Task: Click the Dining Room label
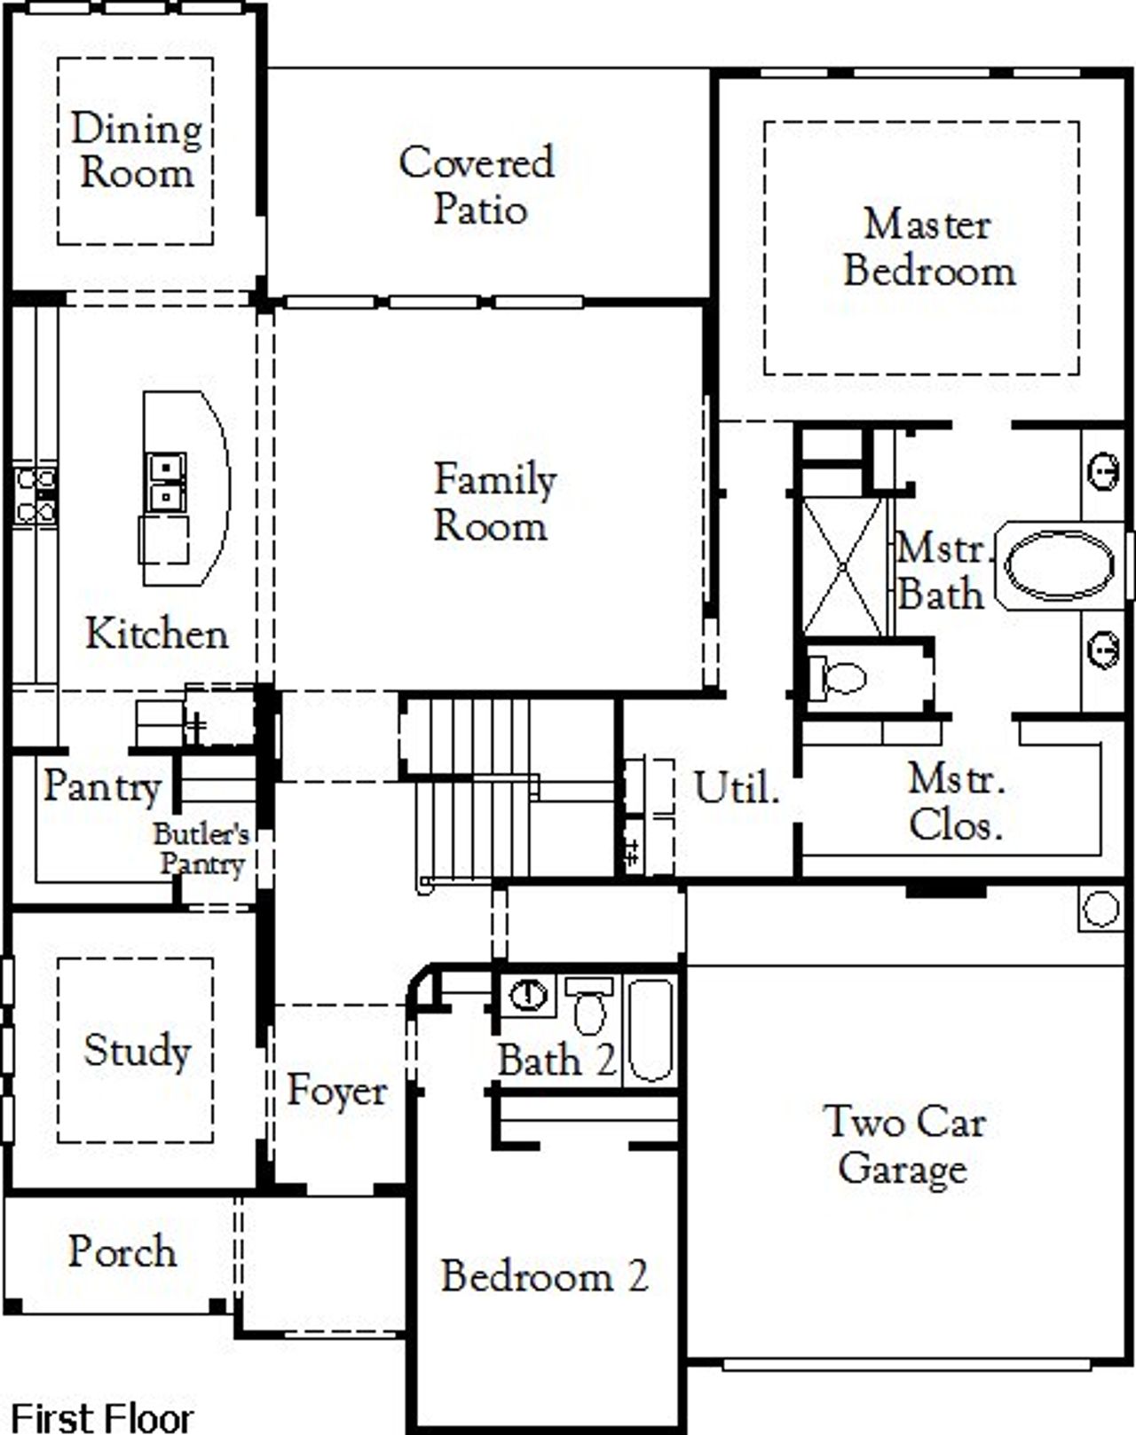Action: point(136,151)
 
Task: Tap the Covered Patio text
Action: point(477,185)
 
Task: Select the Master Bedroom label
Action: point(928,248)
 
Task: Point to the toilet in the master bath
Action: point(840,679)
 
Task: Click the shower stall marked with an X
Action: point(843,566)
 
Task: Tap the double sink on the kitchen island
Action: point(166,482)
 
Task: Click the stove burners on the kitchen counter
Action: point(35,495)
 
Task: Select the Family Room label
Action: point(493,502)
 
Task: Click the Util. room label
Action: point(736,788)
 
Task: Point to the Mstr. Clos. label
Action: point(956,802)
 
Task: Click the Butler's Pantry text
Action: point(201,849)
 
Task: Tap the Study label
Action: point(137,1051)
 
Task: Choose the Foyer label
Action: point(337,1091)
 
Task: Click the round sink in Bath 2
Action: point(529,994)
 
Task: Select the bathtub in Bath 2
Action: point(652,1029)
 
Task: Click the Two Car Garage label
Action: point(903,1145)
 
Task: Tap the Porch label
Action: point(122,1252)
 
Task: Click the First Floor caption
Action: point(101,1416)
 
